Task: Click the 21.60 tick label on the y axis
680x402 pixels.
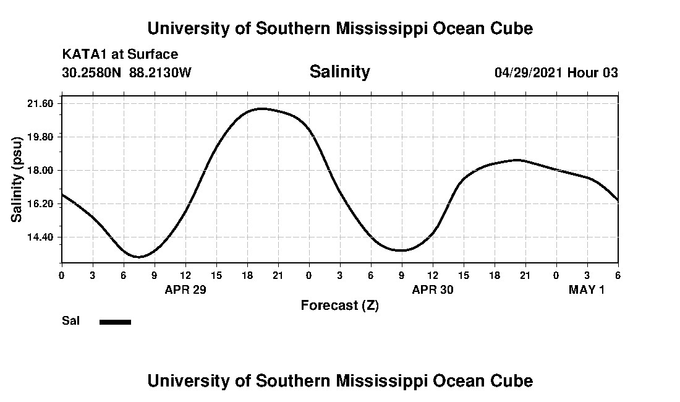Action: pyautogui.click(x=41, y=103)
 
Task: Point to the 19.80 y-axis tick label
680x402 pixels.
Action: pyautogui.click(x=41, y=137)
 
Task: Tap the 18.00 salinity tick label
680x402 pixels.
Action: pyautogui.click(x=41, y=170)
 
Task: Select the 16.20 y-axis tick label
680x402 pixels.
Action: pyautogui.click(x=41, y=203)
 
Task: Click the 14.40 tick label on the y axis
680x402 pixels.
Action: pyautogui.click(x=41, y=237)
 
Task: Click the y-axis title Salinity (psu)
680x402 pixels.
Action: pyautogui.click(x=17, y=179)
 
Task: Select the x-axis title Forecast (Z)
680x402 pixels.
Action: pyautogui.click(x=339, y=306)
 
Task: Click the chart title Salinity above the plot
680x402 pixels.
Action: pyautogui.click(x=339, y=72)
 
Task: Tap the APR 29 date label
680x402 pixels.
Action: pyautogui.click(x=185, y=289)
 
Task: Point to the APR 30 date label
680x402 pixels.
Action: pyautogui.click(x=433, y=289)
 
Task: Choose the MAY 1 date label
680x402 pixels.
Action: pyautogui.click(x=587, y=289)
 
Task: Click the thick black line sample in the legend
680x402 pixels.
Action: pyautogui.click(x=115, y=322)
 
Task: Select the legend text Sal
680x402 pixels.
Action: pyautogui.click(x=70, y=321)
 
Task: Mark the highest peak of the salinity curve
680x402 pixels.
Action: pyautogui.click(x=262, y=109)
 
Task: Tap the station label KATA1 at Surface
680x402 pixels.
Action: pyautogui.click(x=120, y=55)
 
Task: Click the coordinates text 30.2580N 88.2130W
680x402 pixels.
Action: pyautogui.click(x=127, y=73)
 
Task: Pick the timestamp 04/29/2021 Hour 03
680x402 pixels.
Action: pyautogui.click(x=556, y=73)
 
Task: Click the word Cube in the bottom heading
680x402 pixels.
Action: pyautogui.click(x=511, y=380)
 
